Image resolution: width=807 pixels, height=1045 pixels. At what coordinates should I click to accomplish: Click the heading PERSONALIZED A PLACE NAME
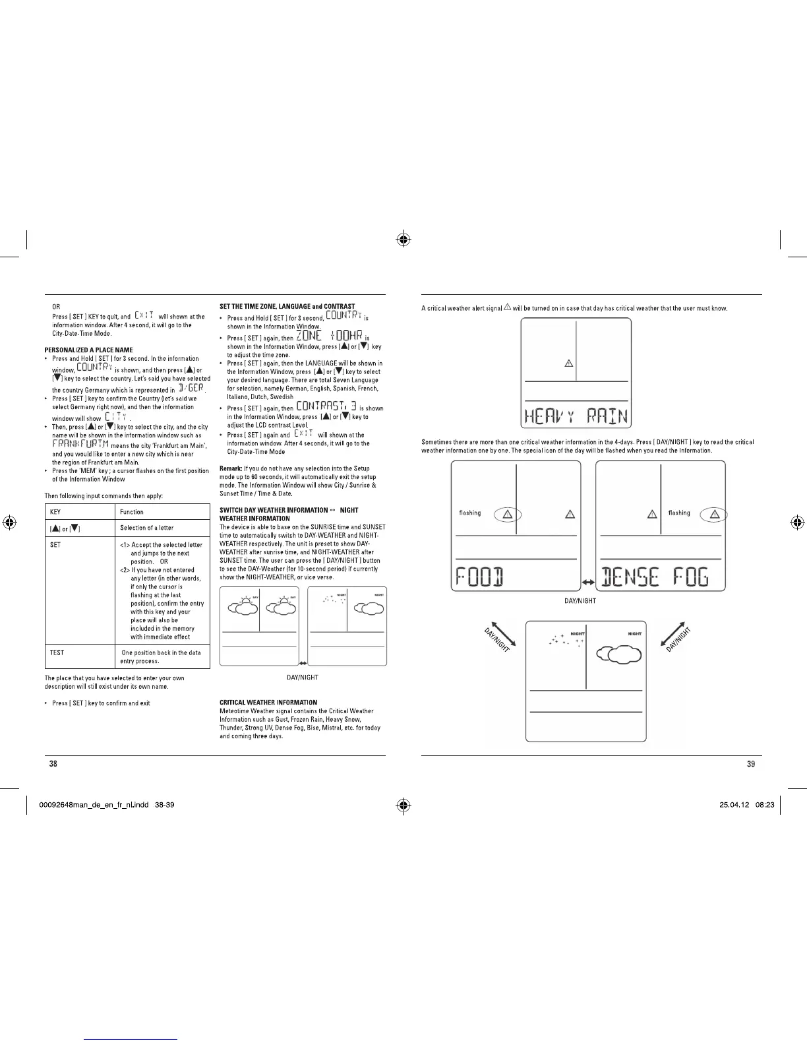coord(88,350)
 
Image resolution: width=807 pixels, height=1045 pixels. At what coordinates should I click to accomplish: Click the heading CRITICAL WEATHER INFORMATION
coord(268,702)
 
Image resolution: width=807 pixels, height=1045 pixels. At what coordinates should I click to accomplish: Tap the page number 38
coord(53,764)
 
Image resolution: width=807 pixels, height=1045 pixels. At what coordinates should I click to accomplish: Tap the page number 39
coord(750,764)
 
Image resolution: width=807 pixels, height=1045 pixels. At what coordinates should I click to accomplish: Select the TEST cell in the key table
coord(57,652)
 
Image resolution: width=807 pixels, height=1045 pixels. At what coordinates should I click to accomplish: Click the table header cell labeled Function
coord(132,512)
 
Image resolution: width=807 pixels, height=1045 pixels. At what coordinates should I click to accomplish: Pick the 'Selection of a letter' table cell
coord(147,528)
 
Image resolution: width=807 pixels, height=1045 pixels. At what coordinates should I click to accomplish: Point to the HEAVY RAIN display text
coord(576,416)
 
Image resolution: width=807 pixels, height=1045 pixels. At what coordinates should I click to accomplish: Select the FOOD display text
coord(481,578)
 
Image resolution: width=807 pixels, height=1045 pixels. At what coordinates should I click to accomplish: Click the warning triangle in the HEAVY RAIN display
coord(569,363)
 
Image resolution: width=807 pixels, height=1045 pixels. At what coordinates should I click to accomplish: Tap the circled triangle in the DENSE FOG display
coord(713,515)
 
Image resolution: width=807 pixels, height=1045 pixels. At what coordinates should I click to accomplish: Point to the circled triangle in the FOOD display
coord(507,515)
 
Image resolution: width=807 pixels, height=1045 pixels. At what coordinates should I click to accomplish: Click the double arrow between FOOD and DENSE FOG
coord(588,583)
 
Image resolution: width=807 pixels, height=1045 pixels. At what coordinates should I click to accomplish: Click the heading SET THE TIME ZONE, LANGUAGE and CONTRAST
coord(287,306)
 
